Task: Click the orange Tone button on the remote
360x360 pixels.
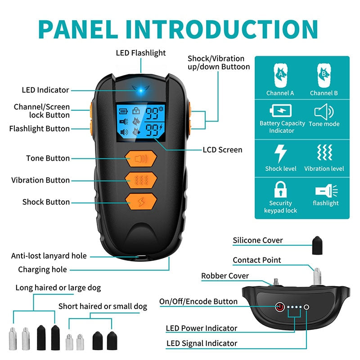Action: (x=141, y=158)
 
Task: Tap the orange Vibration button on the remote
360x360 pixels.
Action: (x=141, y=180)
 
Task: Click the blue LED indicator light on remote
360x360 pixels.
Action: (x=140, y=90)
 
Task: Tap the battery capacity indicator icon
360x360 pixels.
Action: (x=280, y=111)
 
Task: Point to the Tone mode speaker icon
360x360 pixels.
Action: (x=324, y=111)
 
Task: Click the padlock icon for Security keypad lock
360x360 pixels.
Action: (x=280, y=189)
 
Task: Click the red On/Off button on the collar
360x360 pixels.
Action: (x=279, y=307)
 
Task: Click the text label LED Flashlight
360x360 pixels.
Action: (x=141, y=53)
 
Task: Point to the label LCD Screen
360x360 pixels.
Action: (x=222, y=150)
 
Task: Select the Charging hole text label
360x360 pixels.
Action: (x=42, y=270)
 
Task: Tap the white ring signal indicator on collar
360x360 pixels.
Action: (x=307, y=307)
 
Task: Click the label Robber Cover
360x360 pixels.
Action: (x=225, y=276)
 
